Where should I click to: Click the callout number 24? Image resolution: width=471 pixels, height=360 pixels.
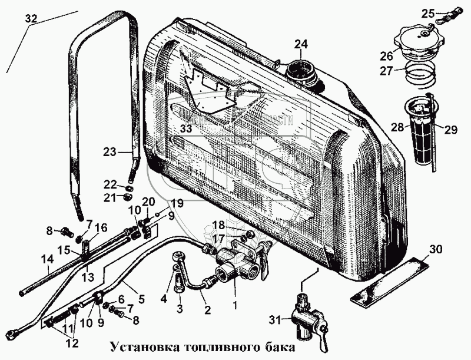[301, 44]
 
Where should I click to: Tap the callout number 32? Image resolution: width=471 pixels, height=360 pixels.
[31, 19]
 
